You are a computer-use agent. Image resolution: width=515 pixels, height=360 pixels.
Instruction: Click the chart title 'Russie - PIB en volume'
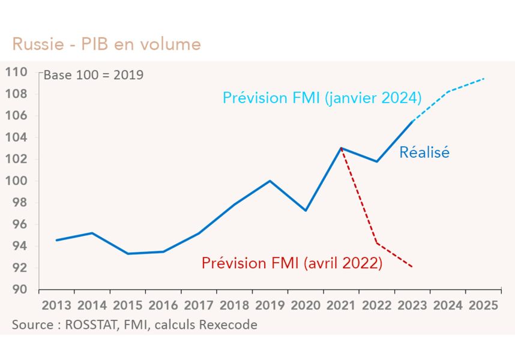[x=106, y=44]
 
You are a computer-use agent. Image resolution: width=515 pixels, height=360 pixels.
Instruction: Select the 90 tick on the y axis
[x=20, y=289]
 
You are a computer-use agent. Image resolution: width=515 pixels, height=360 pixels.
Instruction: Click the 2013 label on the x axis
[x=56, y=305]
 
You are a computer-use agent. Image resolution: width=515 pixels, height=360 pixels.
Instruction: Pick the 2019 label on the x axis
[x=270, y=305]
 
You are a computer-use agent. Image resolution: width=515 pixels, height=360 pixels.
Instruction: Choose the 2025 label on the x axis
[x=483, y=305]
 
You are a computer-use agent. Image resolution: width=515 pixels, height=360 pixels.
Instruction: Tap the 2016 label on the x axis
[x=163, y=305]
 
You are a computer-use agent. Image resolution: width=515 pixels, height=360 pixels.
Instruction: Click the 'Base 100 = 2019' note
[x=93, y=76]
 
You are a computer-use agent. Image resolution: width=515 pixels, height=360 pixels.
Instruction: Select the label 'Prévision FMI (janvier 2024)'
[x=322, y=98]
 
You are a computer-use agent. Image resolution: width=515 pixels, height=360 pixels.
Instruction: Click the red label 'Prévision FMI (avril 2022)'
[x=292, y=263]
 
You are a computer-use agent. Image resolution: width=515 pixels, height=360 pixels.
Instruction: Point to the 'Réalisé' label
[x=424, y=153]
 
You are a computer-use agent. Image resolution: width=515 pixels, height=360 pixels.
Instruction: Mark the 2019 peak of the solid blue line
[x=270, y=181]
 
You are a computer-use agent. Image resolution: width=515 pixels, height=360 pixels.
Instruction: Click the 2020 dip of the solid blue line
[x=306, y=211]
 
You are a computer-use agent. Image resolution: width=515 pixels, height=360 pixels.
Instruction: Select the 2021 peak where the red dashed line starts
[x=341, y=148]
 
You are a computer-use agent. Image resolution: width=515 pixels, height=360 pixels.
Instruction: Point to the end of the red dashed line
[x=412, y=267]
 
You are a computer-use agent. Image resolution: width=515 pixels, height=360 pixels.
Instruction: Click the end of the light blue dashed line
[x=484, y=79]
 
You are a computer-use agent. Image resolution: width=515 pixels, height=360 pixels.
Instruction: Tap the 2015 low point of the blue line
[x=128, y=254]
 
